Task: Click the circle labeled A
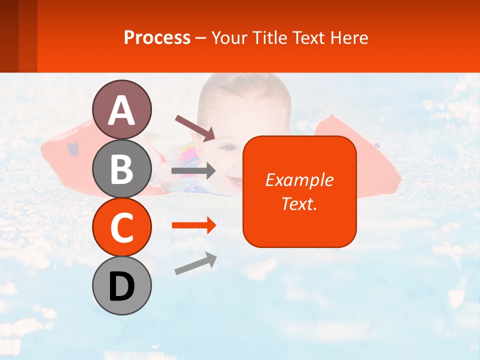[122, 110]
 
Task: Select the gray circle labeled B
[122, 168]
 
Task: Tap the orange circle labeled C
[122, 227]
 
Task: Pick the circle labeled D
[122, 286]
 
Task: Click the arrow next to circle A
[195, 127]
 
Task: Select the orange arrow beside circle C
[193, 225]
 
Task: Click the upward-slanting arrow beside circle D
[195, 263]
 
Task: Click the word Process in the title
[157, 37]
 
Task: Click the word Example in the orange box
[299, 180]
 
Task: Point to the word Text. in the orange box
[299, 203]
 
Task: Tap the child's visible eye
[228, 147]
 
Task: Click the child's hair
[245, 87]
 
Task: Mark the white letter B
[122, 169]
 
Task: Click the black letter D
[122, 286]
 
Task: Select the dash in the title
[201, 38]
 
